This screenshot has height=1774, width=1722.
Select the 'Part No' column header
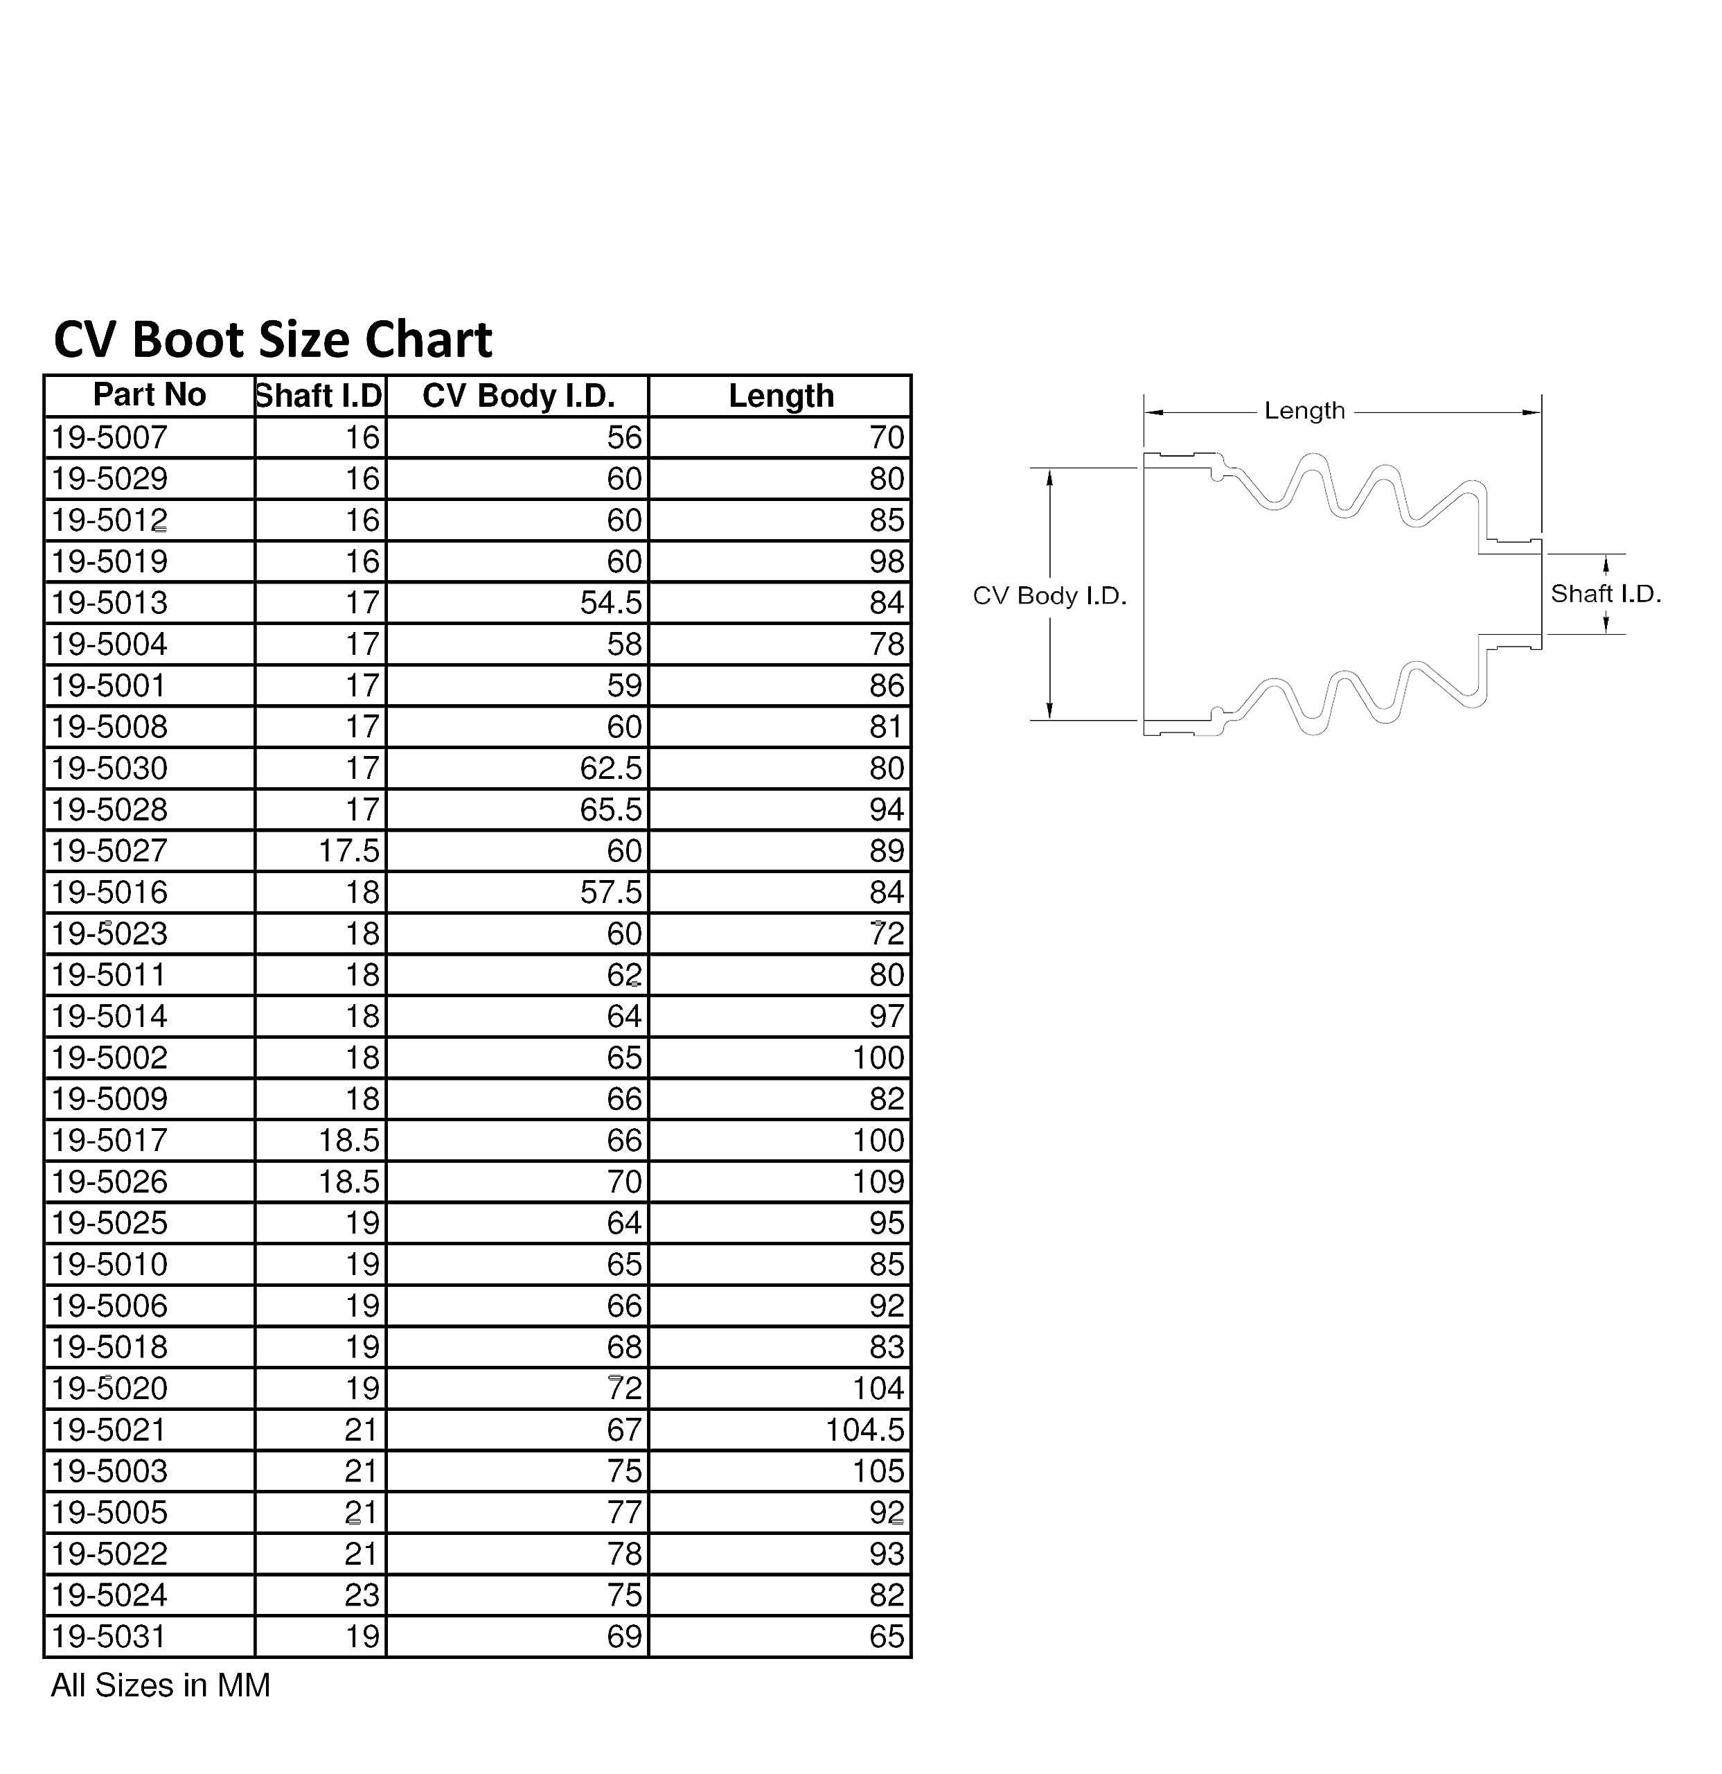tap(150, 396)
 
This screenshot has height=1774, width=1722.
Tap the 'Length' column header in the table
tap(781, 396)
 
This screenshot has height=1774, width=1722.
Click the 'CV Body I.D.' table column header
tap(519, 396)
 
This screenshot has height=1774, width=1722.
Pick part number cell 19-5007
tap(109, 438)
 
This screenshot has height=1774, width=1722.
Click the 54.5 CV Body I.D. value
tap(611, 603)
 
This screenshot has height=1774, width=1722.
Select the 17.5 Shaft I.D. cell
tap(348, 852)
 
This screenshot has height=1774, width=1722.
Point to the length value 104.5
tap(864, 1430)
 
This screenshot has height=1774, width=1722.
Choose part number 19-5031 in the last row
tap(109, 1636)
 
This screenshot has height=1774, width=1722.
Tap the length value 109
tap(878, 1182)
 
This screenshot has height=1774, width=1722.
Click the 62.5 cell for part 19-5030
tap(611, 769)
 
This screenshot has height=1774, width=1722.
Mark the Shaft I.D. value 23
tap(362, 1595)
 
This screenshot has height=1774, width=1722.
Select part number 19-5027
tap(109, 852)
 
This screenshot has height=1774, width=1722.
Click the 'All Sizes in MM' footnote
tap(160, 1685)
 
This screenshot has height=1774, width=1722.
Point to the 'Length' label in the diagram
tap(1304, 411)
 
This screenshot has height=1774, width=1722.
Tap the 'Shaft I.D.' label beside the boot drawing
tap(1605, 594)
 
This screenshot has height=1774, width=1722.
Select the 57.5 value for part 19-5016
tap(611, 893)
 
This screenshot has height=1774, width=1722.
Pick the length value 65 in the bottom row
tap(887, 1636)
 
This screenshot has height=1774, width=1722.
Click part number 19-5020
tap(109, 1389)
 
